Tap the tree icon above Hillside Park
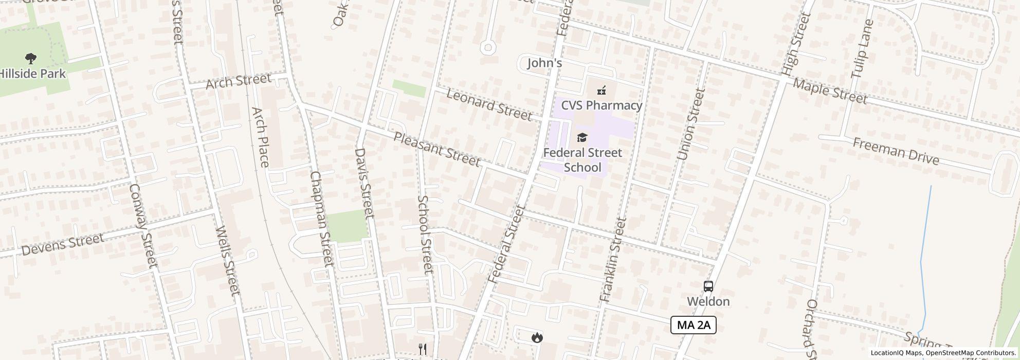click(31, 59)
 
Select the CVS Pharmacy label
click(602, 105)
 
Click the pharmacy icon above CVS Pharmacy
click(602, 91)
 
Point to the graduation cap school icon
click(582, 137)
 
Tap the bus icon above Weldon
click(708, 286)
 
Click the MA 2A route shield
click(693, 325)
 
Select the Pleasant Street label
click(437, 149)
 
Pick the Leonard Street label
click(488, 104)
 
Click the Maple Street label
click(830, 91)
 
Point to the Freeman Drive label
click(896, 151)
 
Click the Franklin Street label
click(613, 260)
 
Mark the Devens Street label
click(63, 244)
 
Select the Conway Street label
click(142, 226)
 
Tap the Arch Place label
click(260, 137)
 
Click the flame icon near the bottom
click(537, 337)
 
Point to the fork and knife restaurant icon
click(423, 349)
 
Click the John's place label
click(544, 63)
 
